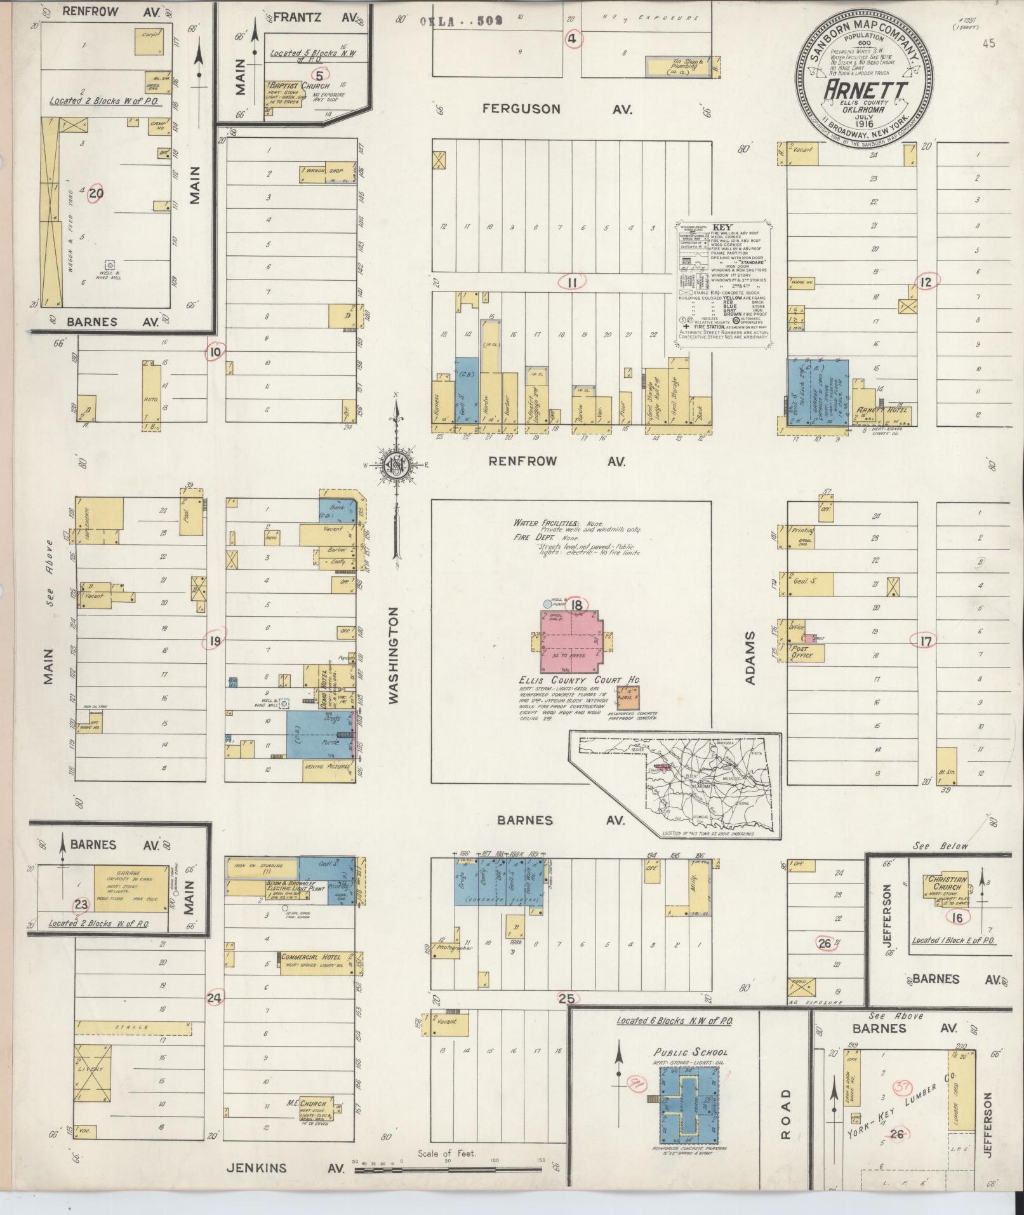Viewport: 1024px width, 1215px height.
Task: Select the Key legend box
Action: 722,283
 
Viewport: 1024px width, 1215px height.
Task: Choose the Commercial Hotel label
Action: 311,957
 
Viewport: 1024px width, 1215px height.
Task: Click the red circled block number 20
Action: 95,193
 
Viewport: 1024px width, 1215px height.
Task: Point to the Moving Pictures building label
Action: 328,767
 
